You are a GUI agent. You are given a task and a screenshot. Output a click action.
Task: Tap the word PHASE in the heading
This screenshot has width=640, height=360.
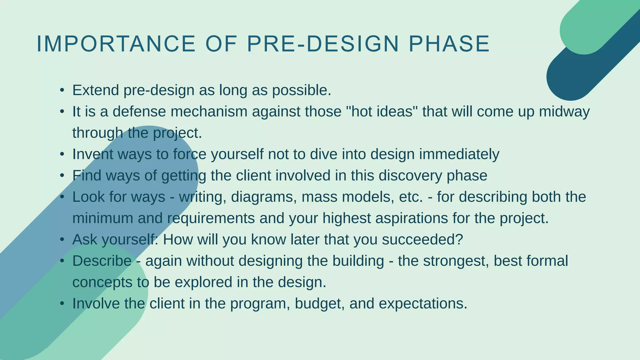[x=449, y=44]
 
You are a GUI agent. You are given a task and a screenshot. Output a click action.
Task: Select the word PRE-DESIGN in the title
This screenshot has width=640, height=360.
[x=323, y=44]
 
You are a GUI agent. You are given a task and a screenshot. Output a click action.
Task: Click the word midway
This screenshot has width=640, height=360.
[x=564, y=112]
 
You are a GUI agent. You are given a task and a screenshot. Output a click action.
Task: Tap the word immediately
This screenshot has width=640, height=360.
[x=459, y=154]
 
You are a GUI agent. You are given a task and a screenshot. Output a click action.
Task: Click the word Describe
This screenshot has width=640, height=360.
[x=102, y=261]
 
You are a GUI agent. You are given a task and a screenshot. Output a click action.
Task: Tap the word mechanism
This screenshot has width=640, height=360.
[x=209, y=112]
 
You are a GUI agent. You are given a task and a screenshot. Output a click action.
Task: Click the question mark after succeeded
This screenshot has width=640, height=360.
[x=459, y=240]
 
